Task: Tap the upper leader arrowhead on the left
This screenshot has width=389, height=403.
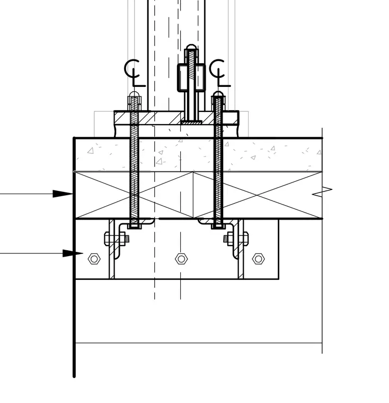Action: coord(63,194)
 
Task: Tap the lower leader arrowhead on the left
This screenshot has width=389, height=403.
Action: coord(73,253)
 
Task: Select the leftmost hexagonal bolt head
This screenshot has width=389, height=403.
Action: coord(94,259)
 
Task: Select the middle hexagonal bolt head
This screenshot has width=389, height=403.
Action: coord(181,259)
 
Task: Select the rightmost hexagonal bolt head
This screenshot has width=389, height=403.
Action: coord(258,259)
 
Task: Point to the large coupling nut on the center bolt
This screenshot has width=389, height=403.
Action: coord(191,77)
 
